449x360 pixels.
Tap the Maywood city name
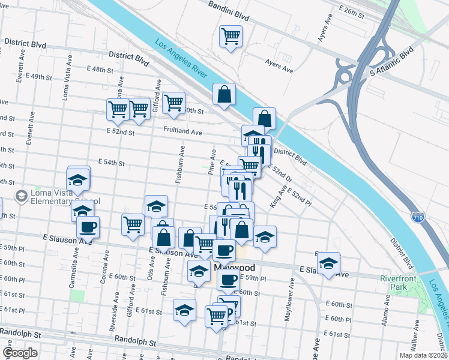point(235,267)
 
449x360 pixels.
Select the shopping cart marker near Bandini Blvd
point(231,37)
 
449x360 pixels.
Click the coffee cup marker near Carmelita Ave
point(88,227)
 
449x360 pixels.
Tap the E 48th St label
point(100,70)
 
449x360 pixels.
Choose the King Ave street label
point(278,197)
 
